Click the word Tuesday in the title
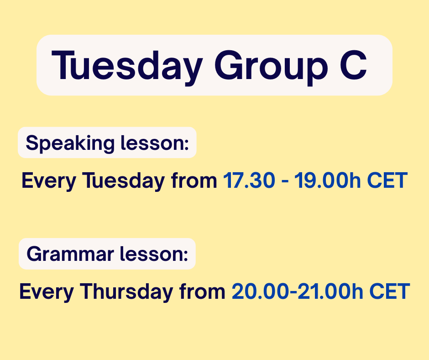tap(127, 67)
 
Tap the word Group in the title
tap(271, 68)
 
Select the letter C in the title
tap(353, 65)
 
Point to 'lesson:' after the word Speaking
tap(155, 143)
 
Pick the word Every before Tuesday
tap(49, 181)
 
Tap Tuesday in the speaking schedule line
tap(123, 181)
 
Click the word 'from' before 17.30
tap(194, 180)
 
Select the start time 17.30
tap(249, 180)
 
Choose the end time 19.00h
tap(327, 180)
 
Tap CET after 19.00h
tap(387, 180)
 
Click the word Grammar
tap(70, 254)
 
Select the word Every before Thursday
tap(47, 292)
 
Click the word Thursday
tap(126, 291)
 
